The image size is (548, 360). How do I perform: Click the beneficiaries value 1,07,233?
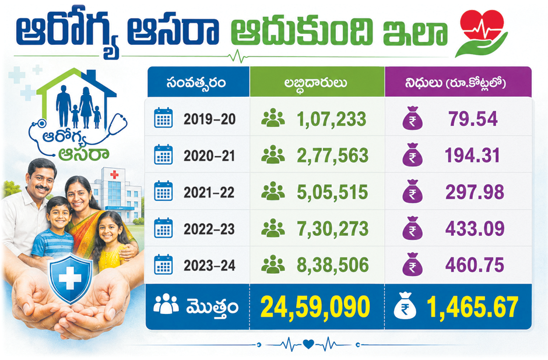pyautogui.click(x=331, y=119)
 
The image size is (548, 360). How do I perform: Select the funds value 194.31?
pyautogui.click(x=472, y=156)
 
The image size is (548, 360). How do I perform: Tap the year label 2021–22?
pyautogui.click(x=209, y=192)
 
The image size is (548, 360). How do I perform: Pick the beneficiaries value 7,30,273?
pyautogui.click(x=332, y=229)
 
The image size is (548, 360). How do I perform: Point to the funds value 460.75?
pyautogui.click(x=475, y=265)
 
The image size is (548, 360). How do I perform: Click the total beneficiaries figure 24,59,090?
pyautogui.click(x=315, y=307)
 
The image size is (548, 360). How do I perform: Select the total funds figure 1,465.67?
pyautogui.click(x=472, y=307)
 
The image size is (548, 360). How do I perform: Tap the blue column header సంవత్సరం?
pyautogui.click(x=196, y=83)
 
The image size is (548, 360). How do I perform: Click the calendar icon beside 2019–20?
pyautogui.click(x=163, y=118)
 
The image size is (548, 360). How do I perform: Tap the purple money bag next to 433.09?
pyautogui.click(x=412, y=228)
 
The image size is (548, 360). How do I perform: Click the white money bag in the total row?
pyautogui.click(x=405, y=306)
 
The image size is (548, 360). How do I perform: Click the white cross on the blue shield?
pyautogui.click(x=70, y=278)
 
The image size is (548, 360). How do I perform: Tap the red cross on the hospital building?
pyautogui.click(x=114, y=174)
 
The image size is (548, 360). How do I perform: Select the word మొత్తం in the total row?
pyautogui.click(x=212, y=307)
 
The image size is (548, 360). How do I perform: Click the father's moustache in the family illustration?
pyautogui.click(x=42, y=188)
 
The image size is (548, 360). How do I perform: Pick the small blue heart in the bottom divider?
pyautogui.click(x=308, y=344)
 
